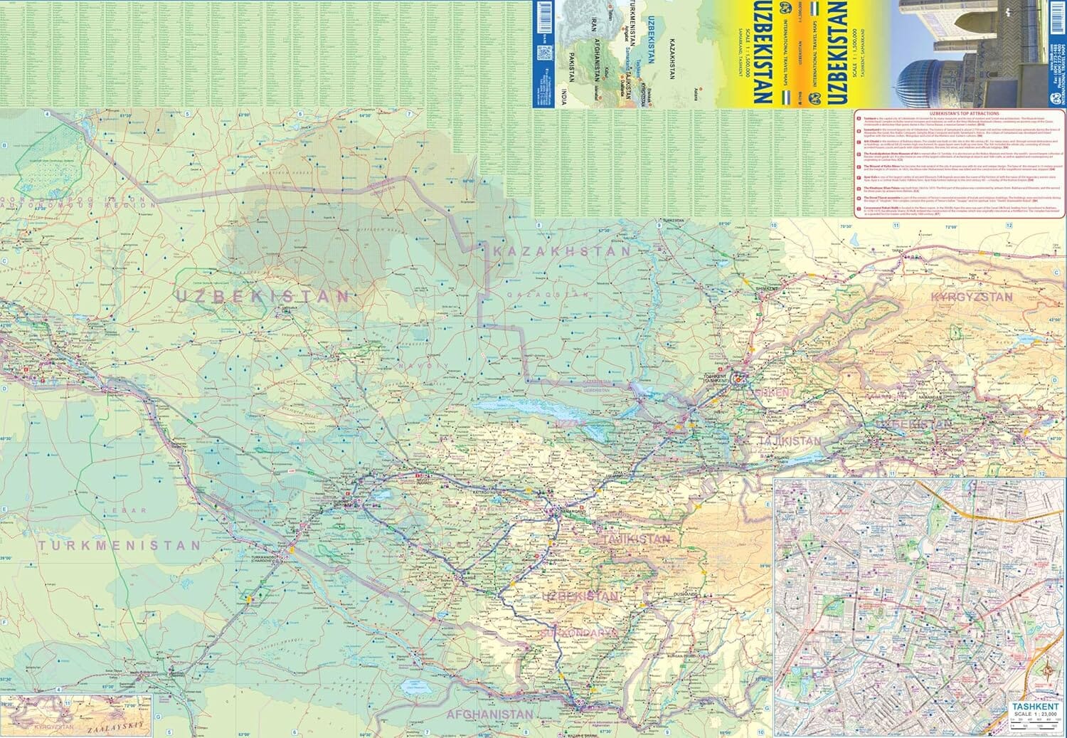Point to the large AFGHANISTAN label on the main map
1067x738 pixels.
pos(489,714)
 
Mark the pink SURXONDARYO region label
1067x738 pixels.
pos(576,631)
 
